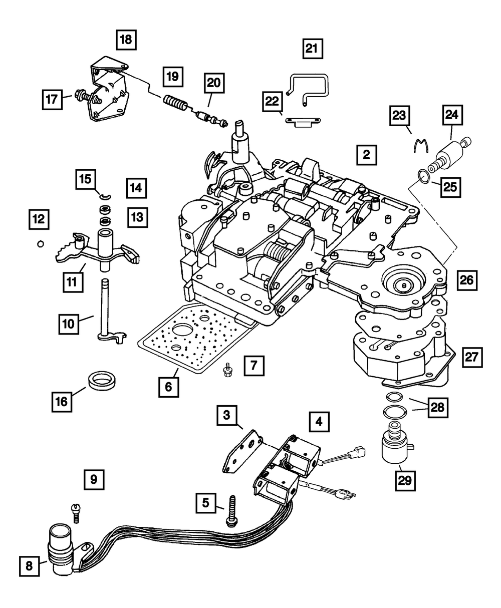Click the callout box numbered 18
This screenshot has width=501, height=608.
(x=126, y=40)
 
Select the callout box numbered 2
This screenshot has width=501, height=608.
(x=366, y=155)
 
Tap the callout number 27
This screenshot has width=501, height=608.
(x=472, y=357)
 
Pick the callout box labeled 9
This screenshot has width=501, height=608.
(x=94, y=479)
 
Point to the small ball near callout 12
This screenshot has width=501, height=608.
(x=41, y=244)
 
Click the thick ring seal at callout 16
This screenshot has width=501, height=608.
(x=102, y=381)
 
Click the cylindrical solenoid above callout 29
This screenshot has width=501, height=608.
(x=396, y=447)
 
